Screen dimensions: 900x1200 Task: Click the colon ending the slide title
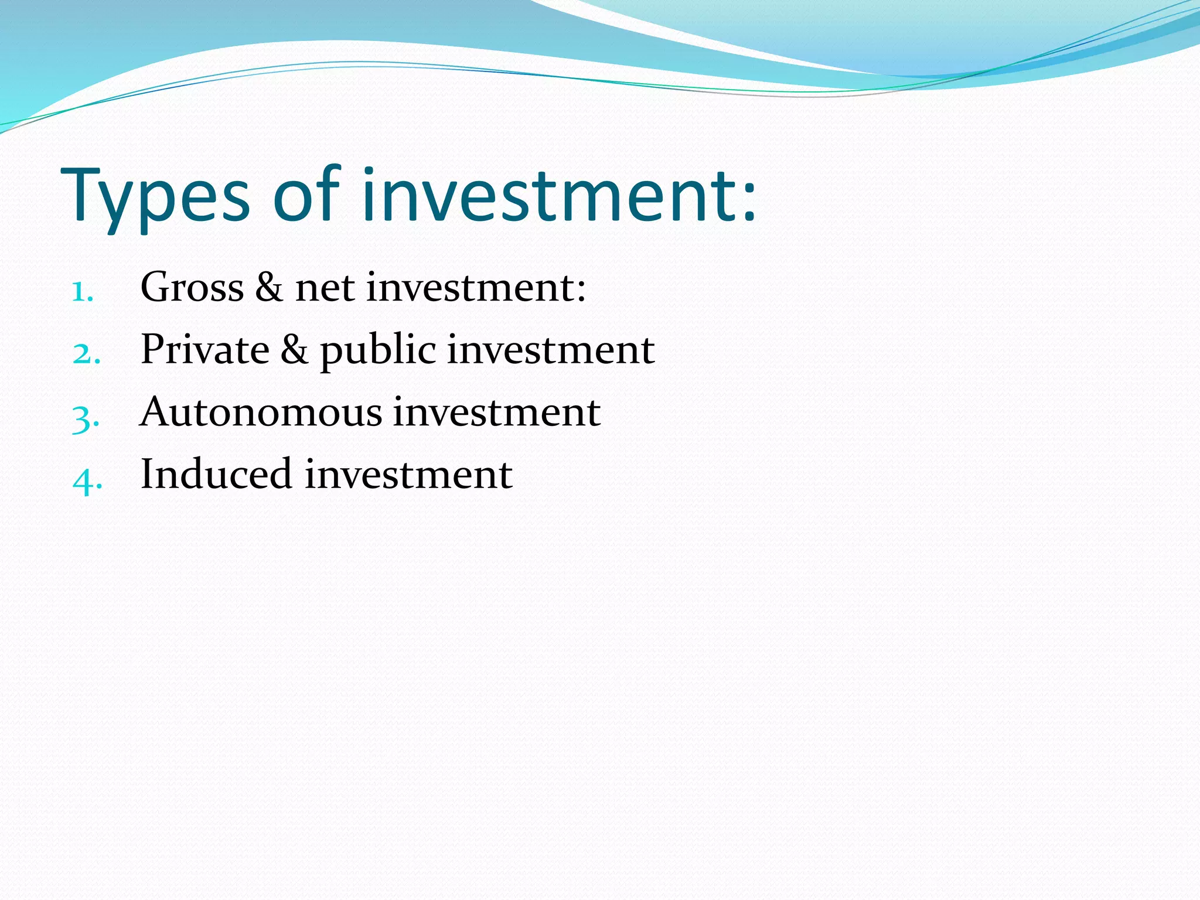tap(749, 202)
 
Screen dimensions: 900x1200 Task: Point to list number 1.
tap(83, 291)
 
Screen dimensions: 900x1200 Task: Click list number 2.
tap(86, 353)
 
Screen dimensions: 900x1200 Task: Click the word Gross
tap(192, 288)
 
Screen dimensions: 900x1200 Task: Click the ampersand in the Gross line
tap(269, 288)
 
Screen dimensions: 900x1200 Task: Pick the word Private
tap(205, 350)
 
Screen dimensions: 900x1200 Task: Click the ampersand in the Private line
tap(294, 350)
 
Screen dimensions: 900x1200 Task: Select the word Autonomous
tap(261, 412)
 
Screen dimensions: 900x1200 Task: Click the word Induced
tap(216, 474)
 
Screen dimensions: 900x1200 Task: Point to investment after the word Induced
tap(408, 474)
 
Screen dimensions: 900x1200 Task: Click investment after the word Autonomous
tap(496, 412)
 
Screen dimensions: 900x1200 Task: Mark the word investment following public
tap(551, 350)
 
